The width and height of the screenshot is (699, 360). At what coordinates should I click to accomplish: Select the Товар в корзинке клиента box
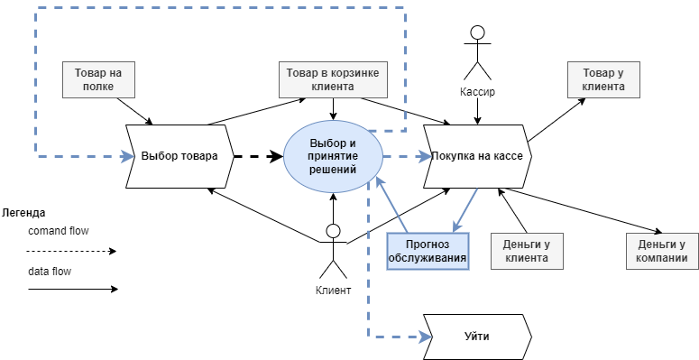[x=333, y=79]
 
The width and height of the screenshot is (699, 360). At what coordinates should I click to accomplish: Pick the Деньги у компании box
[x=662, y=251]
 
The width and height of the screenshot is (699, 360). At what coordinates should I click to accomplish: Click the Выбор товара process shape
[x=179, y=156]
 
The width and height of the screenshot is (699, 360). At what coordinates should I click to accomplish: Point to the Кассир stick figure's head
[x=477, y=33]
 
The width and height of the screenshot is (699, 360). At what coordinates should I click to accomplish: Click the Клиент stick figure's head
[x=333, y=231]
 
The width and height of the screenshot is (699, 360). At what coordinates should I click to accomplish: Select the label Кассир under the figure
[x=477, y=93]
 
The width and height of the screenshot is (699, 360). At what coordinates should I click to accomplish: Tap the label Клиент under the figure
[x=333, y=291]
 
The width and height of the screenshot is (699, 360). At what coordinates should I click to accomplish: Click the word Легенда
[x=23, y=213]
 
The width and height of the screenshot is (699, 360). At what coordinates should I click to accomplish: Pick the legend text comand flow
[x=59, y=231]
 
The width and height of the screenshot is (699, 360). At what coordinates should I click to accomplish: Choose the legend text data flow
[x=50, y=270]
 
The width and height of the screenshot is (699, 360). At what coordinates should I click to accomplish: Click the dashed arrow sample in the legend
[x=72, y=251]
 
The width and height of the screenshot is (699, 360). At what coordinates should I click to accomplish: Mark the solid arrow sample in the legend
[x=72, y=290]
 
